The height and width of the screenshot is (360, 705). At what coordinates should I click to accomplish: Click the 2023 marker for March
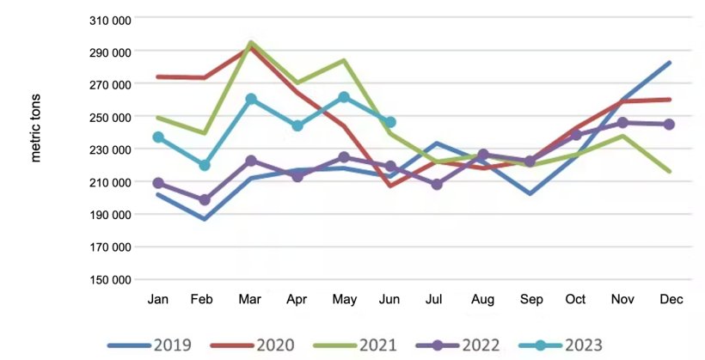pos(251,99)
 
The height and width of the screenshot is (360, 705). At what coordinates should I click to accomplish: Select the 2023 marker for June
pos(390,122)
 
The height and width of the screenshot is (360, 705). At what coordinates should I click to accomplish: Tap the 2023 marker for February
pos(205,165)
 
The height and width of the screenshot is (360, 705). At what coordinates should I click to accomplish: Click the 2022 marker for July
pos(437,184)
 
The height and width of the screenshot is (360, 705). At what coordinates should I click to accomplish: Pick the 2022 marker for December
pos(669,125)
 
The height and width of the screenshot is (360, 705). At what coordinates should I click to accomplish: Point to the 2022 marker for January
pos(158,183)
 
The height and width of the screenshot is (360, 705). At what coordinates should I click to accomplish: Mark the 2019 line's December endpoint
pos(670,63)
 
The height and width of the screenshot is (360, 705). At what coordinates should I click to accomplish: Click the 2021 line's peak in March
pos(251,42)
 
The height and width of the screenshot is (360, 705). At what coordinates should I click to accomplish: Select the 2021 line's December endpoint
pos(670,172)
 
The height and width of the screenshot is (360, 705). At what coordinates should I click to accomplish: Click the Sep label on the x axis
pos(530,299)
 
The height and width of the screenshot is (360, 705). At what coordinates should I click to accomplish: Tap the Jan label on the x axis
pos(158,299)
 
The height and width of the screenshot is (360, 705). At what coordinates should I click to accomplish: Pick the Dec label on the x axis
pos(670,299)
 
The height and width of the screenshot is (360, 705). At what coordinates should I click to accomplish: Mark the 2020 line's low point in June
pos(390,185)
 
